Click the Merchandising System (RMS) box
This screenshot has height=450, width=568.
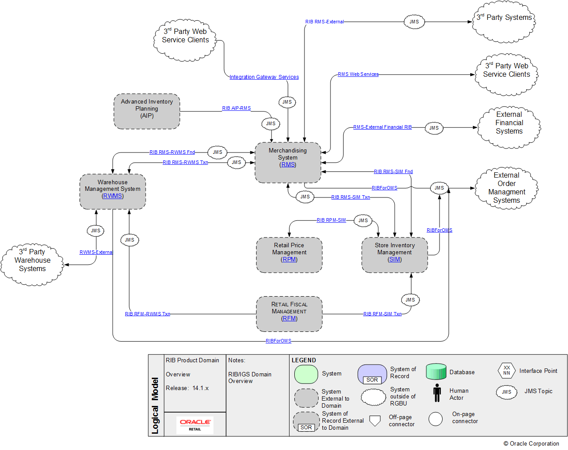click(x=288, y=162)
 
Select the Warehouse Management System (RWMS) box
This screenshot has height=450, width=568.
click(x=113, y=191)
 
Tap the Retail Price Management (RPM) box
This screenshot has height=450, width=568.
click(x=289, y=255)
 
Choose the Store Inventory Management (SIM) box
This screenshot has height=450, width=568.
click(x=395, y=255)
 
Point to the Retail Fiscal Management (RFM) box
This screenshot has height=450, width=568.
click(x=289, y=314)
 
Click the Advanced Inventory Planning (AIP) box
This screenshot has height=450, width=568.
click(x=147, y=111)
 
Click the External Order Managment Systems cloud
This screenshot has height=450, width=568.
click(x=506, y=188)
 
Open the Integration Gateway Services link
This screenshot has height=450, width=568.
click(x=264, y=77)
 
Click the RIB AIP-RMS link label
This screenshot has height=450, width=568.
click(x=236, y=108)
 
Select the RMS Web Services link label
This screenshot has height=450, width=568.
click(x=358, y=74)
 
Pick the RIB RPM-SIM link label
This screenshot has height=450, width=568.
click(x=331, y=220)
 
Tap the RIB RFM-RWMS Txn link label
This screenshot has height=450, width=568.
click(x=147, y=314)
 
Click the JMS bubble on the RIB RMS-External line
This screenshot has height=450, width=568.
click(x=414, y=22)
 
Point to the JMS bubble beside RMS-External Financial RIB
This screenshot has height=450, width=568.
click(x=434, y=128)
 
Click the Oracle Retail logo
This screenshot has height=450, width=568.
click(x=195, y=425)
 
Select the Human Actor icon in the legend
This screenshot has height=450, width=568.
click(x=437, y=393)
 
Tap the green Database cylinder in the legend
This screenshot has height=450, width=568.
click(x=436, y=372)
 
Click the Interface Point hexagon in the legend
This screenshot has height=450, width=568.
click(x=506, y=370)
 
